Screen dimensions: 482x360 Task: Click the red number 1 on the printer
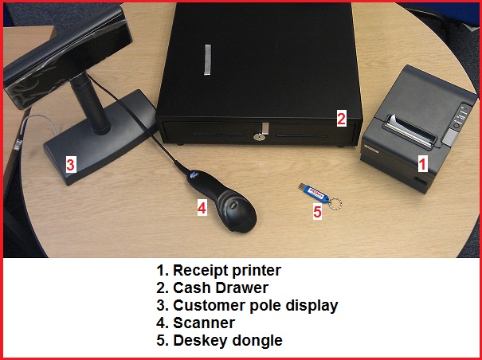423,163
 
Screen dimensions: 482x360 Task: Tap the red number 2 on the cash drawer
341,118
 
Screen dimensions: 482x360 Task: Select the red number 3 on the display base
71,165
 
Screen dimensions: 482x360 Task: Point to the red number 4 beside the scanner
202,208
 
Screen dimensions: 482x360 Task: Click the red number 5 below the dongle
317,212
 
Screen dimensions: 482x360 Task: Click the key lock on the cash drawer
260,137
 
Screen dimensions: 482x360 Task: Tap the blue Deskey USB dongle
314,193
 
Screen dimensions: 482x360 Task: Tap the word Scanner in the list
204,323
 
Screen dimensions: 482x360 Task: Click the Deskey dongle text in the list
228,341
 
